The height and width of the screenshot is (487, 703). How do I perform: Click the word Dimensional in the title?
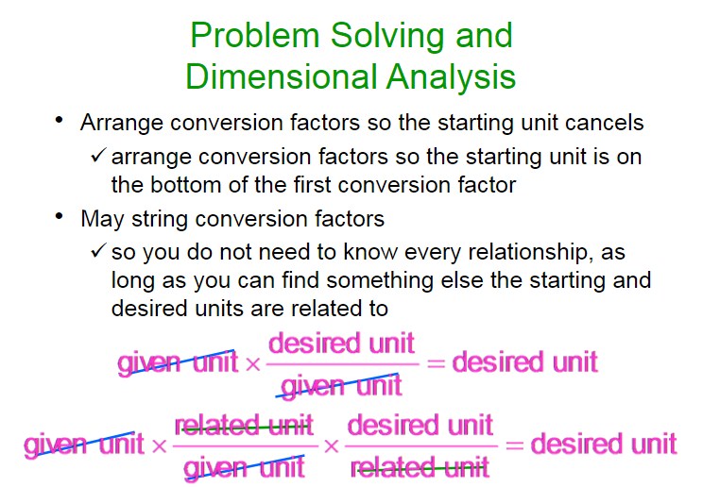tap(282, 76)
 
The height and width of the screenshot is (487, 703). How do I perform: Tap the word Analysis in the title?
tap(451, 77)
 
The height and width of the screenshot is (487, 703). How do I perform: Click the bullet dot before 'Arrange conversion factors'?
tap(59, 120)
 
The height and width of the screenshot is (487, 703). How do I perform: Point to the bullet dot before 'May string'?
tap(59, 216)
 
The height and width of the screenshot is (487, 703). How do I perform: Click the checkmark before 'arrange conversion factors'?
tap(98, 156)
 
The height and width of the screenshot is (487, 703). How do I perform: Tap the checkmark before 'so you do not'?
tap(98, 250)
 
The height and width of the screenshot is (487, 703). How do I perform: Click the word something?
tap(380, 281)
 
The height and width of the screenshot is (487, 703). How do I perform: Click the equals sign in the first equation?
tap(436, 363)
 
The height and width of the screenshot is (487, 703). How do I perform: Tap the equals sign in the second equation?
tap(514, 445)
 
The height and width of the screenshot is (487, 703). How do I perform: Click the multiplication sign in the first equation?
tap(253, 363)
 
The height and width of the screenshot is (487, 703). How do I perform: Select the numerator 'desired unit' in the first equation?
tap(341, 344)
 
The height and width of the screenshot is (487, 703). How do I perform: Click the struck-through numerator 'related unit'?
tap(244, 426)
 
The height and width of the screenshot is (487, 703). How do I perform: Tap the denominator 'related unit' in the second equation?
tap(420, 468)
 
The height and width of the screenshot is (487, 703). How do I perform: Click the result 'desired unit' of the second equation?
tap(604, 445)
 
